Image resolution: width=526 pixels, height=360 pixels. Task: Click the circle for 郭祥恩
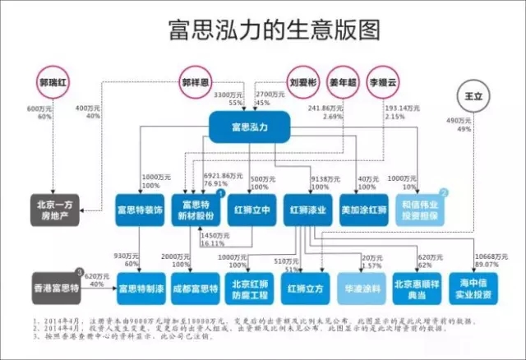click(x=192, y=83)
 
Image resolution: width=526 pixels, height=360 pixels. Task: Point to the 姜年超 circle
click(x=346, y=83)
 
